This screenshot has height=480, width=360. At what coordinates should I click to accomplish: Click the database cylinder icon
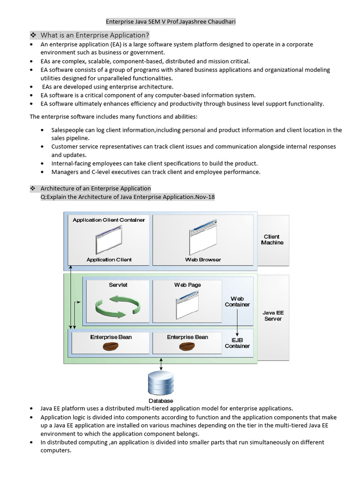click(161, 383)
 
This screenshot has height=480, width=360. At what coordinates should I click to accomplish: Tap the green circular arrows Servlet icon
click(118, 305)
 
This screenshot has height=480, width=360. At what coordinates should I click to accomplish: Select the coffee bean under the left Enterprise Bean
click(111, 346)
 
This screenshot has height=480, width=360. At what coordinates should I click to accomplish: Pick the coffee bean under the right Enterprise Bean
click(187, 346)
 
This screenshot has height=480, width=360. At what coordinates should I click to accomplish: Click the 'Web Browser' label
click(203, 259)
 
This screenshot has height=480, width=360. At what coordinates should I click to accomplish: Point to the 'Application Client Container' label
click(109, 220)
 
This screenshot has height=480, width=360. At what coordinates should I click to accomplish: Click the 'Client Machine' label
click(272, 240)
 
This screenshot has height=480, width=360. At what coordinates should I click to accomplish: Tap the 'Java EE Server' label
click(272, 315)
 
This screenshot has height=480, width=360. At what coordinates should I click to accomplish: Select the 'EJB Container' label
click(237, 343)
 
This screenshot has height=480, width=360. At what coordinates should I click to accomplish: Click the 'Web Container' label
click(237, 301)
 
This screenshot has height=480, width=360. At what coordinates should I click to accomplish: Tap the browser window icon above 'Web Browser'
click(203, 240)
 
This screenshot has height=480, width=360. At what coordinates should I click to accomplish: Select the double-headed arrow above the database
click(161, 364)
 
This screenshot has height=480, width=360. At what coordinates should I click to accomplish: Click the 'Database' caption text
click(161, 401)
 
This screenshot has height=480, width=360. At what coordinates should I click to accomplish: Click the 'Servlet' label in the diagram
click(118, 285)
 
